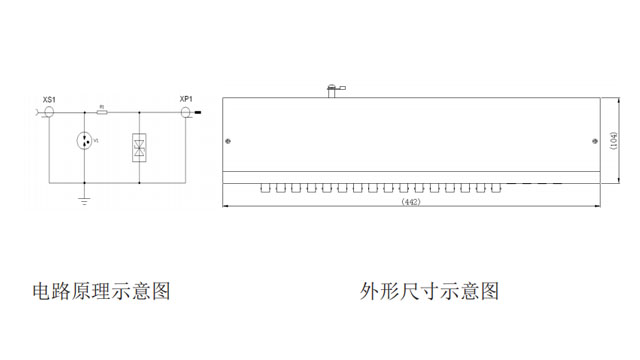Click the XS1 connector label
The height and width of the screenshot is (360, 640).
pos(49,99)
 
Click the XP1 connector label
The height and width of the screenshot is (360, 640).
pos(185,99)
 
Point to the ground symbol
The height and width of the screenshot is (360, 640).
pos(84,201)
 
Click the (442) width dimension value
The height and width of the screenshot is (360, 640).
pos(409,202)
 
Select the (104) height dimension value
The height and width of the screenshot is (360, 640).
pos(613,140)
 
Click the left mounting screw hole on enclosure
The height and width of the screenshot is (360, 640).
pos(230,141)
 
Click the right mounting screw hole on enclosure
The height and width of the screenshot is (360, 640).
pos(595,141)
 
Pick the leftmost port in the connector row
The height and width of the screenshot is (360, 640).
pos(266,187)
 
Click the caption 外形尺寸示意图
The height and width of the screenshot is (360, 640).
pos(430,292)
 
